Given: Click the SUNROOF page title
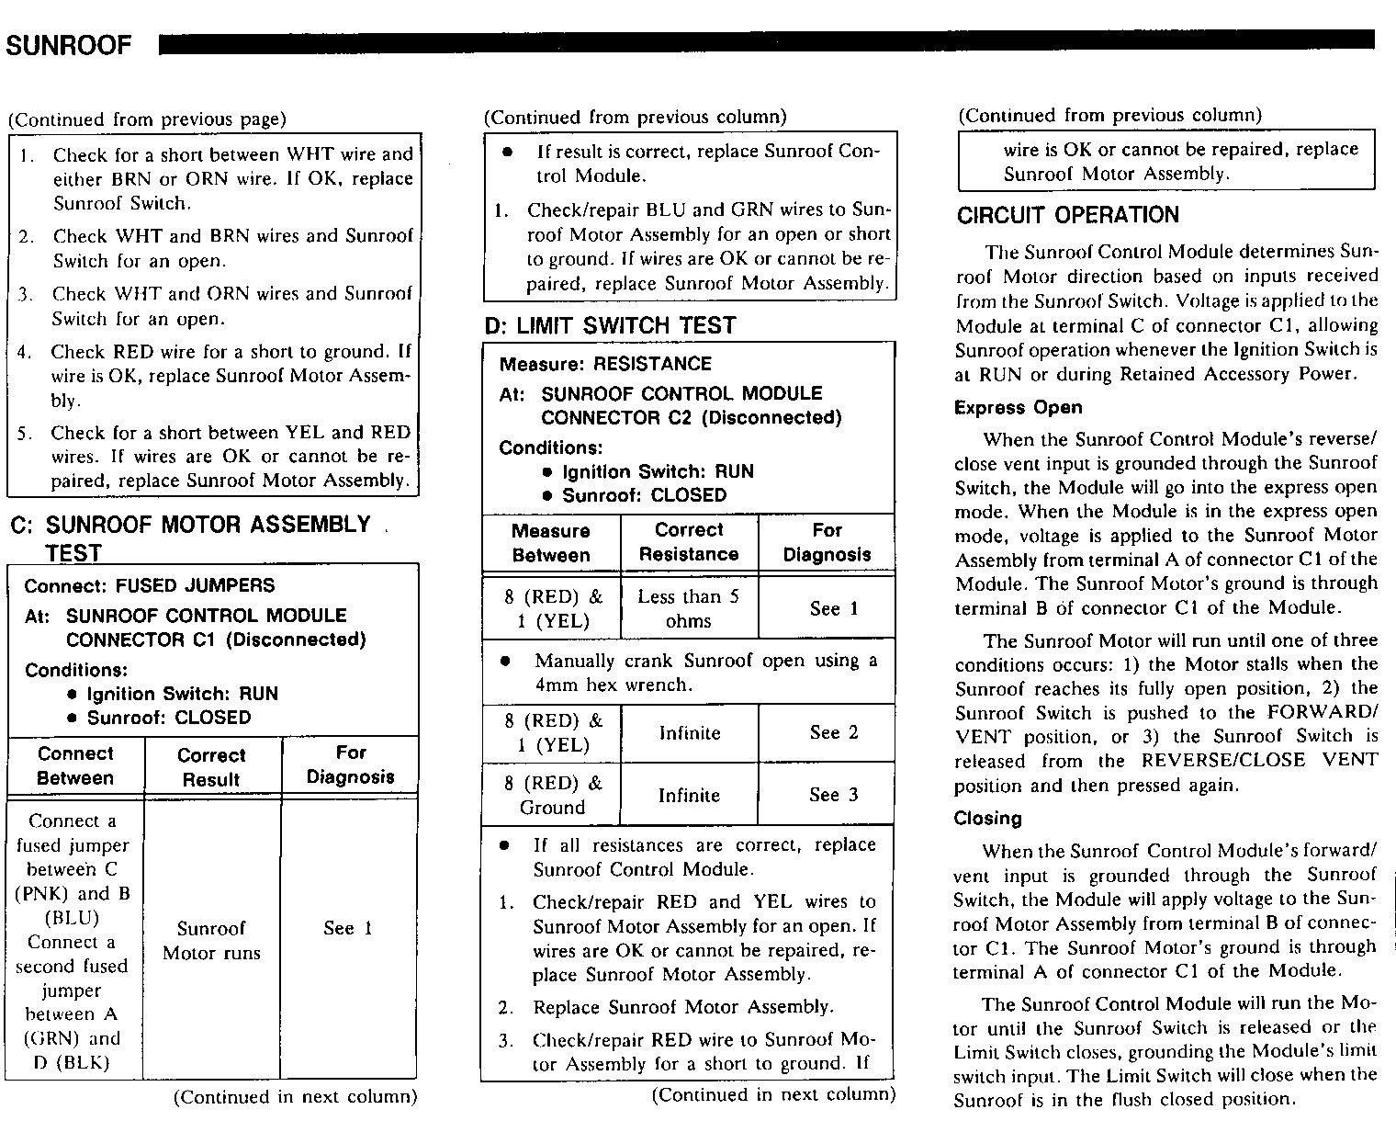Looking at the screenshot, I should click(x=70, y=46).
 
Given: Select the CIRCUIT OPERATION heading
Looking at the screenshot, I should click(x=1068, y=215).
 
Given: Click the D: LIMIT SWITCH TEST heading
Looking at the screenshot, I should click(x=611, y=325).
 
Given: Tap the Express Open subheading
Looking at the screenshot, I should click(x=1019, y=407).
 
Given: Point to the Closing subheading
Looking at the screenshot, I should click(x=987, y=818).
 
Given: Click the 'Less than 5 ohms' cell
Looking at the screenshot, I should click(x=689, y=608).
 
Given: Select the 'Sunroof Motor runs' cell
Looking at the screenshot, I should click(x=211, y=940).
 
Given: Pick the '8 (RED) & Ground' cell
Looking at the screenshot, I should click(x=553, y=795).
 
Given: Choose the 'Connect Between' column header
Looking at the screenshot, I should click(x=75, y=765).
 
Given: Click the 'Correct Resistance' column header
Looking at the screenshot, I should click(x=689, y=542).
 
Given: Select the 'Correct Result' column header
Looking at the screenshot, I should click(x=211, y=766).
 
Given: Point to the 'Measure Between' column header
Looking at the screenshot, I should click(x=551, y=543).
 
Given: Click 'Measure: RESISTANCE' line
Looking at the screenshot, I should click(x=605, y=363).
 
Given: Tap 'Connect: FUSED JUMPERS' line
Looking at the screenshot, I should click(x=149, y=585).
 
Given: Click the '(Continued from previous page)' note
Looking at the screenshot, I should click(x=147, y=119).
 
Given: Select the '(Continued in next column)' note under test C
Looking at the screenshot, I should click(x=295, y=1096).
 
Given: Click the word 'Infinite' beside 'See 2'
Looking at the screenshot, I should click(x=689, y=733).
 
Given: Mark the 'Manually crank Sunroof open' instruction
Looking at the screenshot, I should click(x=705, y=672).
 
